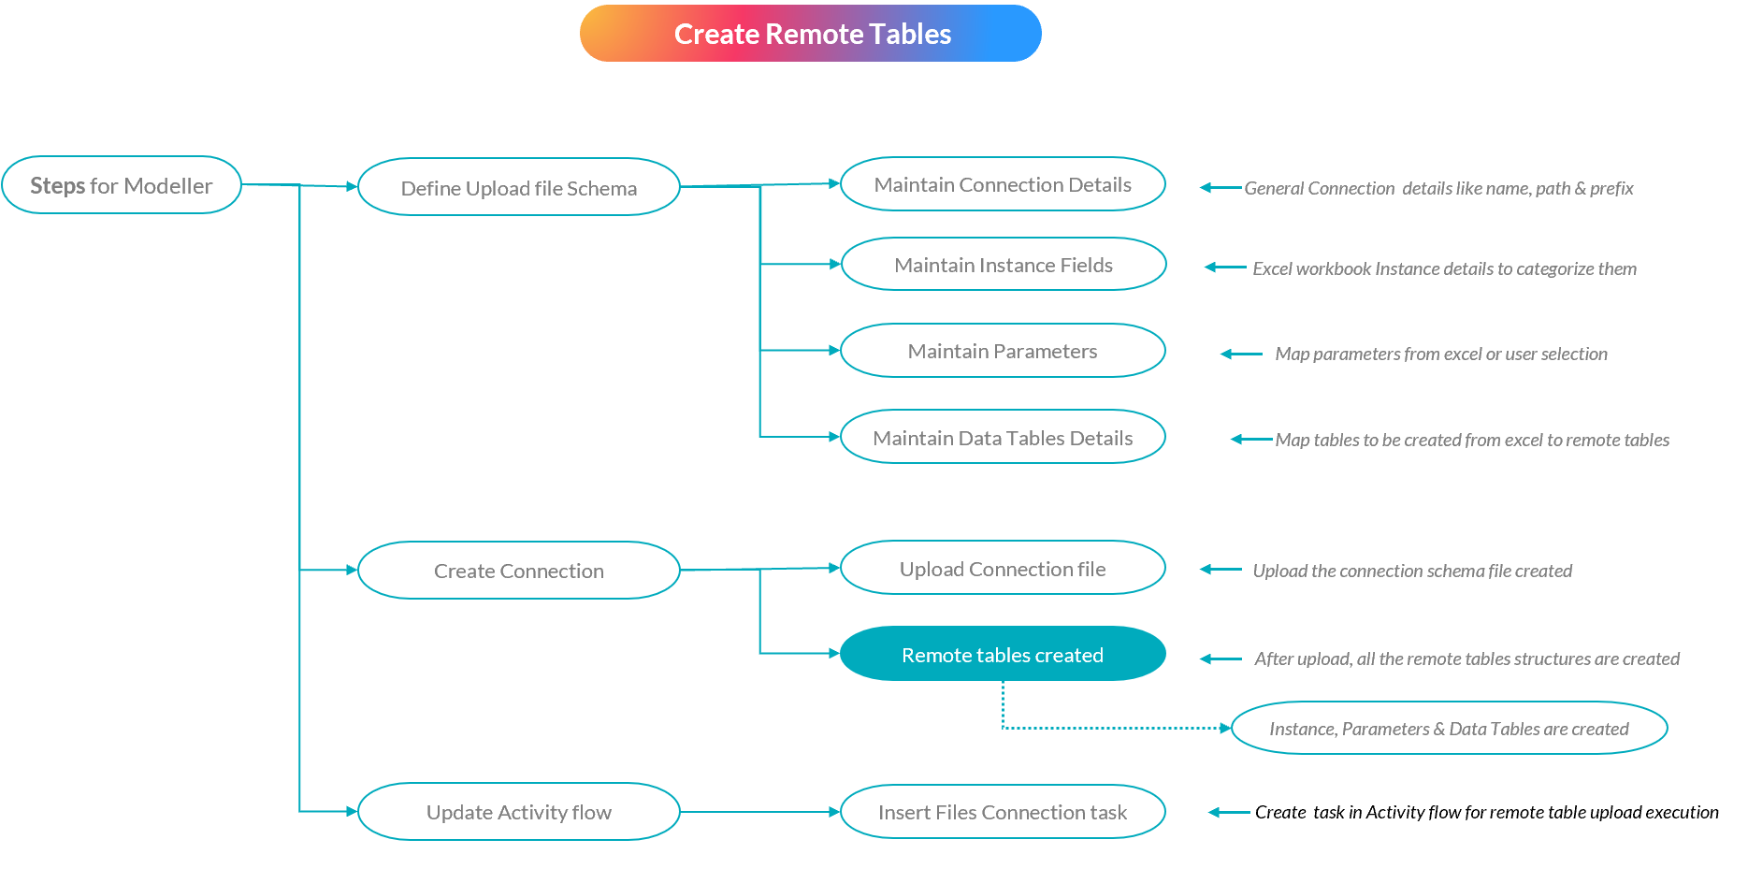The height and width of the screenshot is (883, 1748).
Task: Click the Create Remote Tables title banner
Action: (x=810, y=34)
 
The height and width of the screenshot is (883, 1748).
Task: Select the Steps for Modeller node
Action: (x=122, y=185)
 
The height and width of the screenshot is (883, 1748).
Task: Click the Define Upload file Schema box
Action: (x=518, y=187)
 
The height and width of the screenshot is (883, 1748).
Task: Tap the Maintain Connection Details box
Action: (x=1003, y=184)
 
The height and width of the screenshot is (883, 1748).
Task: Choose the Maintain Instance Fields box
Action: (x=1003, y=265)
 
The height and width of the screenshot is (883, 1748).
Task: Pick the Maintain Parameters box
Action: (x=1003, y=351)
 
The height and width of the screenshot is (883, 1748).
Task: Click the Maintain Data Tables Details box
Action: (x=1003, y=437)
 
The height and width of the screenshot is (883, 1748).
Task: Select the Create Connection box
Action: (x=518, y=570)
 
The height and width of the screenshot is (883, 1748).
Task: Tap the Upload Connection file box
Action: (x=1003, y=568)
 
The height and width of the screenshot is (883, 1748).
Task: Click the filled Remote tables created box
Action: (x=1003, y=654)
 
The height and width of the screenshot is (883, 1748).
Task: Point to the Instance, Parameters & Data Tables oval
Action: (x=1449, y=728)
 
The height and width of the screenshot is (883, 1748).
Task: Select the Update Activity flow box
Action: (x=518, y=811)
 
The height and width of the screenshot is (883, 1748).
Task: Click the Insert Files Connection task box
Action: (x=1003, y=811)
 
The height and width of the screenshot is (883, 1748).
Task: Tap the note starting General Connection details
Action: (x=1438, y=188)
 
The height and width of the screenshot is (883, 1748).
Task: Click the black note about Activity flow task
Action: (x=1486, y=812)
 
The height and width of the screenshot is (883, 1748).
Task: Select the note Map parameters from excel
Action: (x=1440, y=354)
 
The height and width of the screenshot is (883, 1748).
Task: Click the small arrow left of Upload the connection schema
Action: (x=1221, y=569)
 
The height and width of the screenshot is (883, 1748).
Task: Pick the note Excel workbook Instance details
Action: (x=1444, y=268)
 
